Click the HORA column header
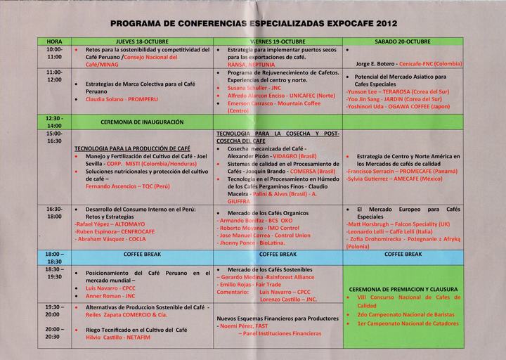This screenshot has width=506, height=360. point(54,42)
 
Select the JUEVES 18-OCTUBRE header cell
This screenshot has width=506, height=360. point(143,42)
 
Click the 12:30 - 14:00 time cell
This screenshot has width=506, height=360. point(54,122)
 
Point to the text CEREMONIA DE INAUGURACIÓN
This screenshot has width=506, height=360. point(142,122)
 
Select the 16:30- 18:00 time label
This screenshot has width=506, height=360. point(54,213)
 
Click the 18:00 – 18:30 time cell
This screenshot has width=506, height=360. point(54,257)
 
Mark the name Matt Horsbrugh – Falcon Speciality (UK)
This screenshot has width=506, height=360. point(397,224)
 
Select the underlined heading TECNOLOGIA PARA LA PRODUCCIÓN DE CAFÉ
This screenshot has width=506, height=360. point(132,148)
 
